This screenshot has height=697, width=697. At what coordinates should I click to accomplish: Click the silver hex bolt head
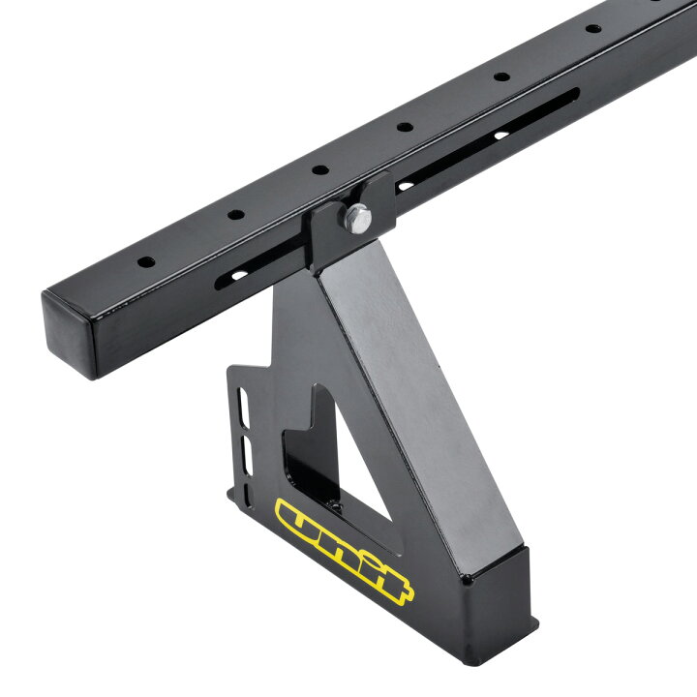pos(357,218)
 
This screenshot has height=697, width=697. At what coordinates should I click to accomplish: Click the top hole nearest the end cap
pos(146,261)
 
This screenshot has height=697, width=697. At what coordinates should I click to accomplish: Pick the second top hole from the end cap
pos(236,214)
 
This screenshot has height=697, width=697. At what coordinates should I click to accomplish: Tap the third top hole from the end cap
pos(320,169)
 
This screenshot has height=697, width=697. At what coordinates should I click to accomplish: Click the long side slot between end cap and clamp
pos(260,264)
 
